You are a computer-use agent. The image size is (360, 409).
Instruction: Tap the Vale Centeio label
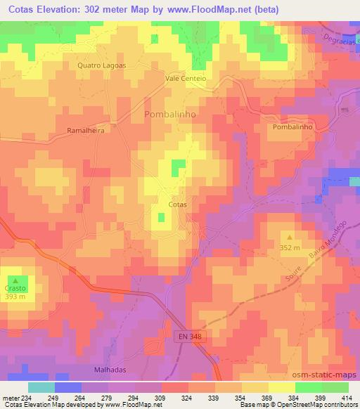click(x=186, y=79)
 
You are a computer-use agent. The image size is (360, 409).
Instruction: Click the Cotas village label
click(x=178, y=204)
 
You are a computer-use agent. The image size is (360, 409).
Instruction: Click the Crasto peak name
click(x=16, y=289)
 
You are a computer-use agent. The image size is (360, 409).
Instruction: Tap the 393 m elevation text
click(x=16, y=297)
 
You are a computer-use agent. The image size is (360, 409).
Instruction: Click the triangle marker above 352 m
click(x=289, y=238)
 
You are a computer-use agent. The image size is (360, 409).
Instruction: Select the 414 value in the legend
click(x=347, y=398)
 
